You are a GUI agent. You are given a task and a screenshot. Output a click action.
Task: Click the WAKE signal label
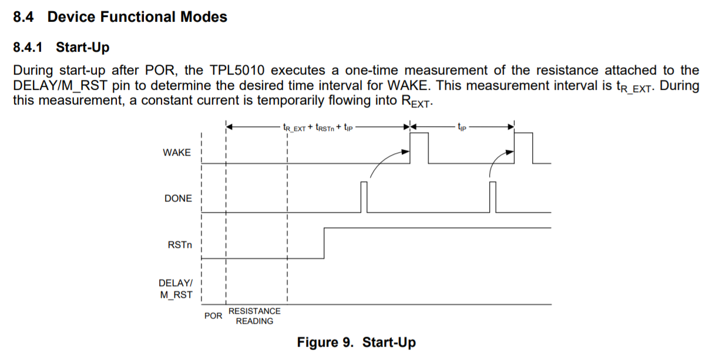point(177,153)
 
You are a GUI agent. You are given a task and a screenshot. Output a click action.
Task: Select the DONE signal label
point(178,198)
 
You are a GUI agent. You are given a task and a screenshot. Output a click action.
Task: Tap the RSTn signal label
point(180,244)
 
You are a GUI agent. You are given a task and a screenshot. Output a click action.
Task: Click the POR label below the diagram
point(213,316)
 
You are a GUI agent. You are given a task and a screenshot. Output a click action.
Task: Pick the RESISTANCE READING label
point(254,316)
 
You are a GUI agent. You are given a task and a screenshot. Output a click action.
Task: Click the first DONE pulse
point(364,197)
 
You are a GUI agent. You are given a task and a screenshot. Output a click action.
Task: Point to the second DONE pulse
point(492,197)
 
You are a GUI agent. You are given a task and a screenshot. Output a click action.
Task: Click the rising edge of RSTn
point(324,242)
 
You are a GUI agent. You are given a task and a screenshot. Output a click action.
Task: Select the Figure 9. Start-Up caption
point(356,342)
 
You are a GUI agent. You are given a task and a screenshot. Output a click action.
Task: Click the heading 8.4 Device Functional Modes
point(120,17)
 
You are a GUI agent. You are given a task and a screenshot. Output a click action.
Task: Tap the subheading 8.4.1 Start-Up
point(61,47)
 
